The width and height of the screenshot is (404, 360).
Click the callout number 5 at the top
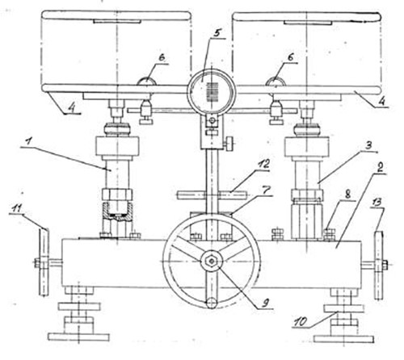point(217,33)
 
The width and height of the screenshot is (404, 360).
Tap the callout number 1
point(27,143)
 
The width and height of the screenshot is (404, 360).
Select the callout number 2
point(380,168)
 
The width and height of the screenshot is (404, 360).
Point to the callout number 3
point(368,146)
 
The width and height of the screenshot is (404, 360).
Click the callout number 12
point(263,164)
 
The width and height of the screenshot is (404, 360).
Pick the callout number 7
point(265,190)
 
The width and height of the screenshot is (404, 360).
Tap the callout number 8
point(347,195)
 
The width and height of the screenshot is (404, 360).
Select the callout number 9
point(265,303)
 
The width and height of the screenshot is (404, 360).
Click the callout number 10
point(301,321)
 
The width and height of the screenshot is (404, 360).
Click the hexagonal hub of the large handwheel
point(212,261)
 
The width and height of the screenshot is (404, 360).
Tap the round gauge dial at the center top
point(212,91)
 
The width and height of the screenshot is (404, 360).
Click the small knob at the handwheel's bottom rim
point(212,303)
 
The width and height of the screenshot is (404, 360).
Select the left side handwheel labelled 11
point(44,262)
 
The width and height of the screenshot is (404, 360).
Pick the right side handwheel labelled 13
point(379,265)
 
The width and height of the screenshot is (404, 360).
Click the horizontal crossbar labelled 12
point(212,195)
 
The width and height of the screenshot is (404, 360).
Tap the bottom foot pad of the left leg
point(78,337)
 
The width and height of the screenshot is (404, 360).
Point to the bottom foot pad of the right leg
point(344,339)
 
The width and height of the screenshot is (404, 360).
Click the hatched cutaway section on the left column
point(117,212)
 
